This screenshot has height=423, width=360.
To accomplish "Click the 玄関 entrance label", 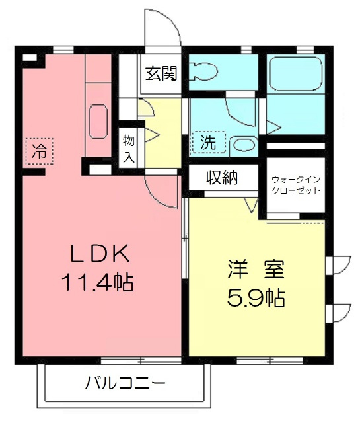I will pos(161,73).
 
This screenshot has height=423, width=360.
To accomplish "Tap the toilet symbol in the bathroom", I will pos(205,69).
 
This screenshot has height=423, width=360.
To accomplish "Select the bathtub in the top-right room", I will pos(295,73).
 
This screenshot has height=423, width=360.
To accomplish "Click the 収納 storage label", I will pos(221,177).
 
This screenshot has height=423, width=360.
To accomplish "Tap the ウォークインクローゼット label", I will pos(295,184).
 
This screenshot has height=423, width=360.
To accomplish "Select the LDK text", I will pos(99,254).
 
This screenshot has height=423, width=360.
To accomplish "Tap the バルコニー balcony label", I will pos(125,383).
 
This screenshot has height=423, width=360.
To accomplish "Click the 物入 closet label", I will pos(128,148).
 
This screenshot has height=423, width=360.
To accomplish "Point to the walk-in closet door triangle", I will pos(251,206).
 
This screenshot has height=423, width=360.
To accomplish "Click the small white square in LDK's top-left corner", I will pos(29,58).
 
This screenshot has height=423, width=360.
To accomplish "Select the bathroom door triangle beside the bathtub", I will pos(275,124).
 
